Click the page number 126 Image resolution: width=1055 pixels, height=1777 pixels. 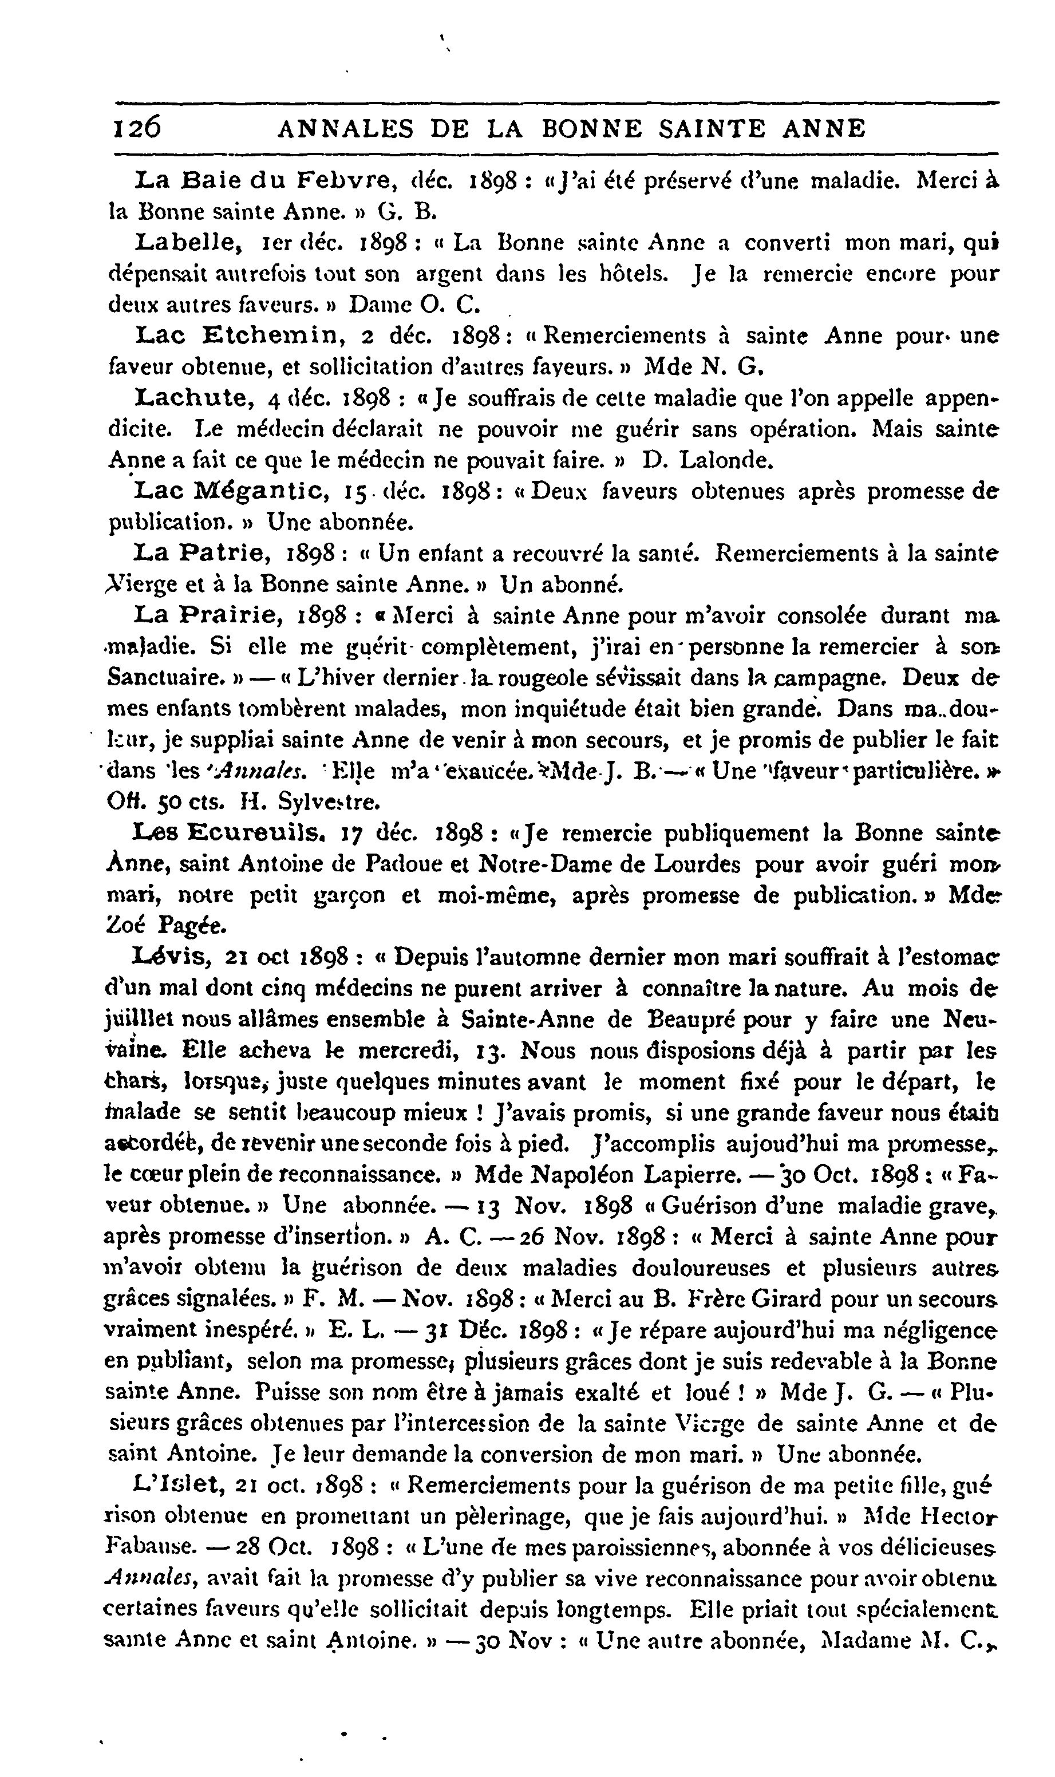point(137,128)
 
